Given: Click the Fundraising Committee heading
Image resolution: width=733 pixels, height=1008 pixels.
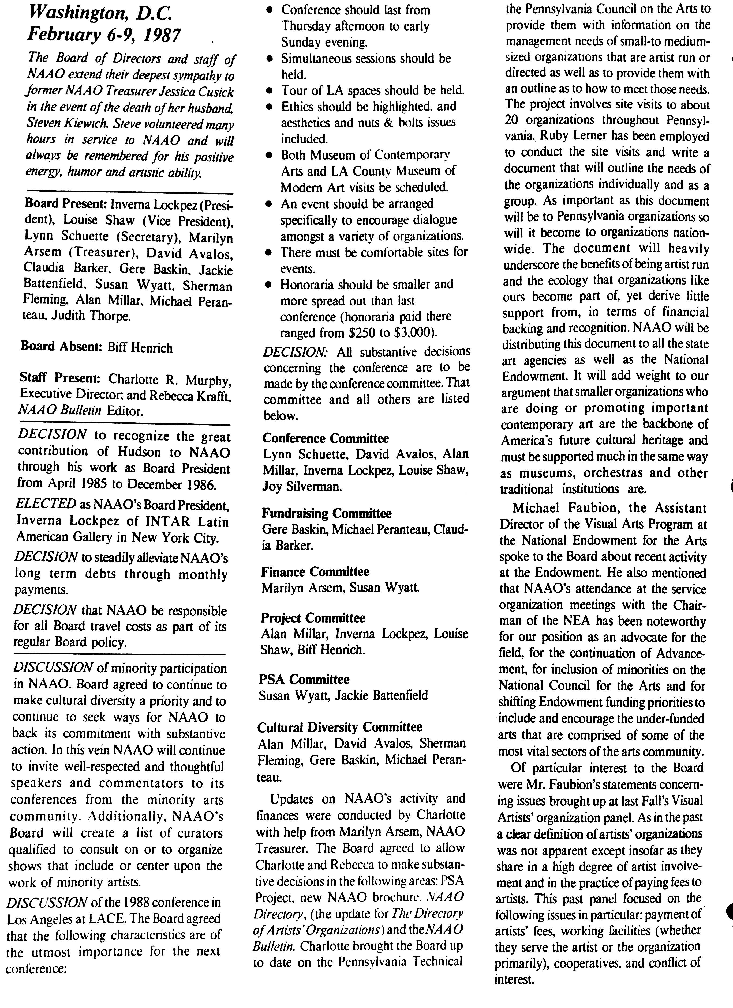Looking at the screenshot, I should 327,514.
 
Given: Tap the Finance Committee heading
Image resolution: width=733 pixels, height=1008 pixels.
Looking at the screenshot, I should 315,571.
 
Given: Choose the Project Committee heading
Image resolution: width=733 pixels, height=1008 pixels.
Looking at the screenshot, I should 313,618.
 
